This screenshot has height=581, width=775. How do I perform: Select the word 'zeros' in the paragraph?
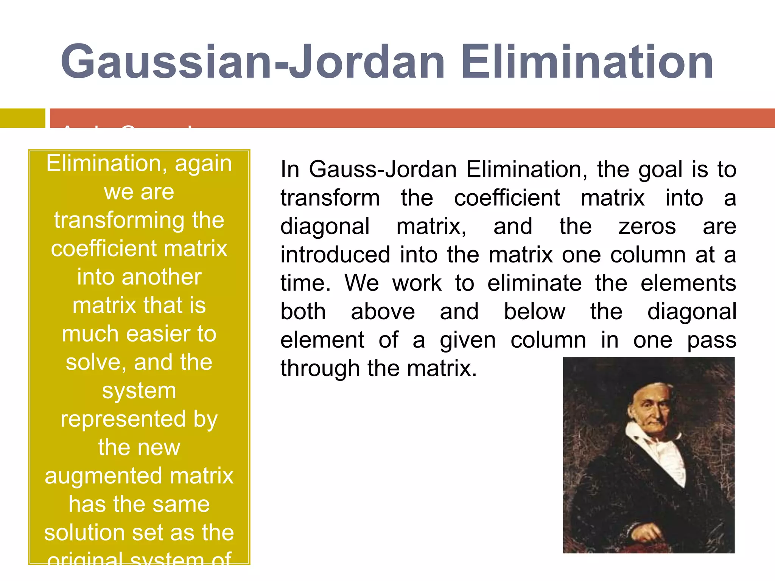tap(647, 227)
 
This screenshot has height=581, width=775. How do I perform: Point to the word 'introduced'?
tap(335, 255)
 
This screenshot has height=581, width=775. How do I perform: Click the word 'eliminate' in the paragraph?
tap(534, 283)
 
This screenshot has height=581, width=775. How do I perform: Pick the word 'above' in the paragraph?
tap(383, 312)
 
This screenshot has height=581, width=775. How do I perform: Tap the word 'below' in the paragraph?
tap(534, 312)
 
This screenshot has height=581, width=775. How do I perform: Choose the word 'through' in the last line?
tap(320, 369)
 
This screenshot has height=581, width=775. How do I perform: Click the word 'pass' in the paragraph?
tap(711, 340)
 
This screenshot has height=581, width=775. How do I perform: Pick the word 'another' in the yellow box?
tap(163, 277)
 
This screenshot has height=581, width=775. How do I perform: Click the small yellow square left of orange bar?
tap(22, 118)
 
